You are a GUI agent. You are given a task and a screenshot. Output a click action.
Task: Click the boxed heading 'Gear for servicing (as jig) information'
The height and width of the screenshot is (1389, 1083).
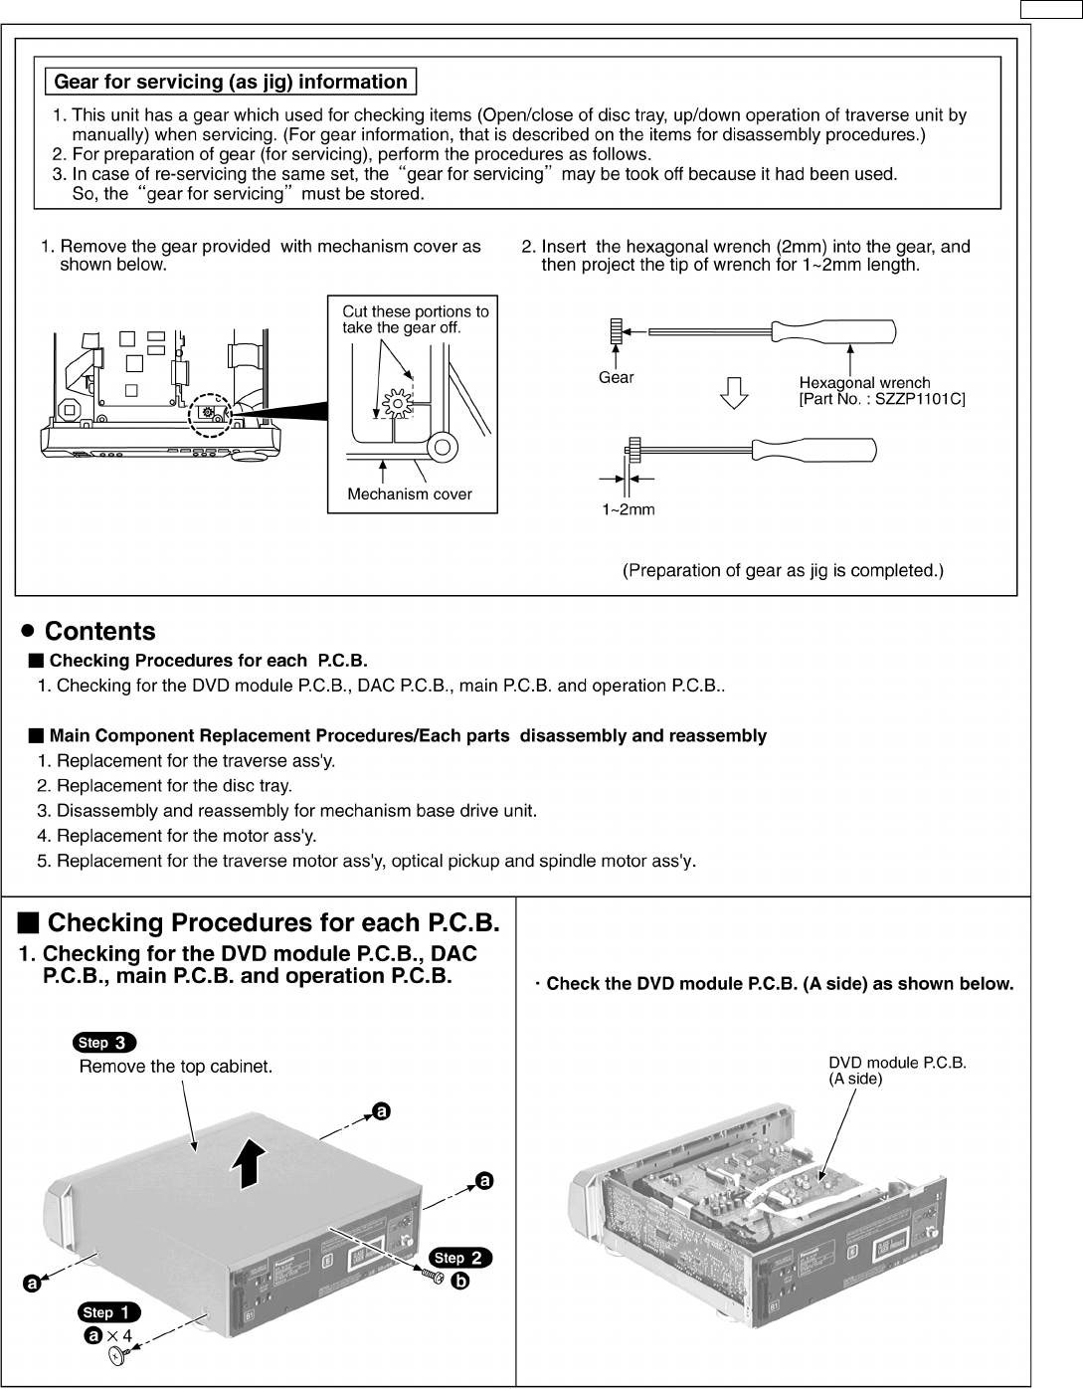[230, 82]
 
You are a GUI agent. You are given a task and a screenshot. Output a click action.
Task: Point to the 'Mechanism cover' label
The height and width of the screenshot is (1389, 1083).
[409, 495]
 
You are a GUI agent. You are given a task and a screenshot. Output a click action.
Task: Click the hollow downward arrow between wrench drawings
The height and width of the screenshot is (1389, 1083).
[733, 393]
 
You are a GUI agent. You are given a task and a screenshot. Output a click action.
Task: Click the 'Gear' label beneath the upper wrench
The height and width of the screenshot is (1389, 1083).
[616, 377]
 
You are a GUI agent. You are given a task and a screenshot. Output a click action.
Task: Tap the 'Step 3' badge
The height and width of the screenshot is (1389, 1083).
[104, 1043]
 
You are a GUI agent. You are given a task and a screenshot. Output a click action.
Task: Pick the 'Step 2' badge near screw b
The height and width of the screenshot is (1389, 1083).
[460, 1258]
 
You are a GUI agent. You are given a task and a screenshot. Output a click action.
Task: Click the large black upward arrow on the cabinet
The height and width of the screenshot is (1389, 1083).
[255, 1165]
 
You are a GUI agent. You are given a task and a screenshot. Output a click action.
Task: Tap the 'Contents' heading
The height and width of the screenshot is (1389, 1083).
[100, 632]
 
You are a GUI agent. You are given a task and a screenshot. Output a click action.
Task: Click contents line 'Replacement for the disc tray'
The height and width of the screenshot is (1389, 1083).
[175, 786]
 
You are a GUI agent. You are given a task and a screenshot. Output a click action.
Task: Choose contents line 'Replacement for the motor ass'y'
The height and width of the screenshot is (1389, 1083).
[187, 836]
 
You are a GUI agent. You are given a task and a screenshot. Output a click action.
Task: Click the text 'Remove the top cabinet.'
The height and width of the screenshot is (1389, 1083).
[176, 1067]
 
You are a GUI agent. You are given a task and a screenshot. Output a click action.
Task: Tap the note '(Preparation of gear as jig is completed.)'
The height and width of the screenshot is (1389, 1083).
[783, 571]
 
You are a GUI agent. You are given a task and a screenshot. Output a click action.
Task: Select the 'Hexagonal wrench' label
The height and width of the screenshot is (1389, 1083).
[864, 382]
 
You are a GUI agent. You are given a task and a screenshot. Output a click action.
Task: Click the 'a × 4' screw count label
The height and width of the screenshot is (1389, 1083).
[109, 1335]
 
